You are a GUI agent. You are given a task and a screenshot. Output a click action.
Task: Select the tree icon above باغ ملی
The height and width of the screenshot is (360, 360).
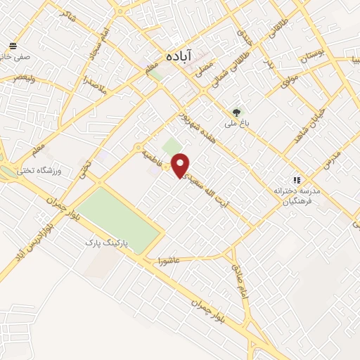pos(236,112)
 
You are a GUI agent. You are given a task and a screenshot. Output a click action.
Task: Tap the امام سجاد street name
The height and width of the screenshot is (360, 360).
pos(97,44)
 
